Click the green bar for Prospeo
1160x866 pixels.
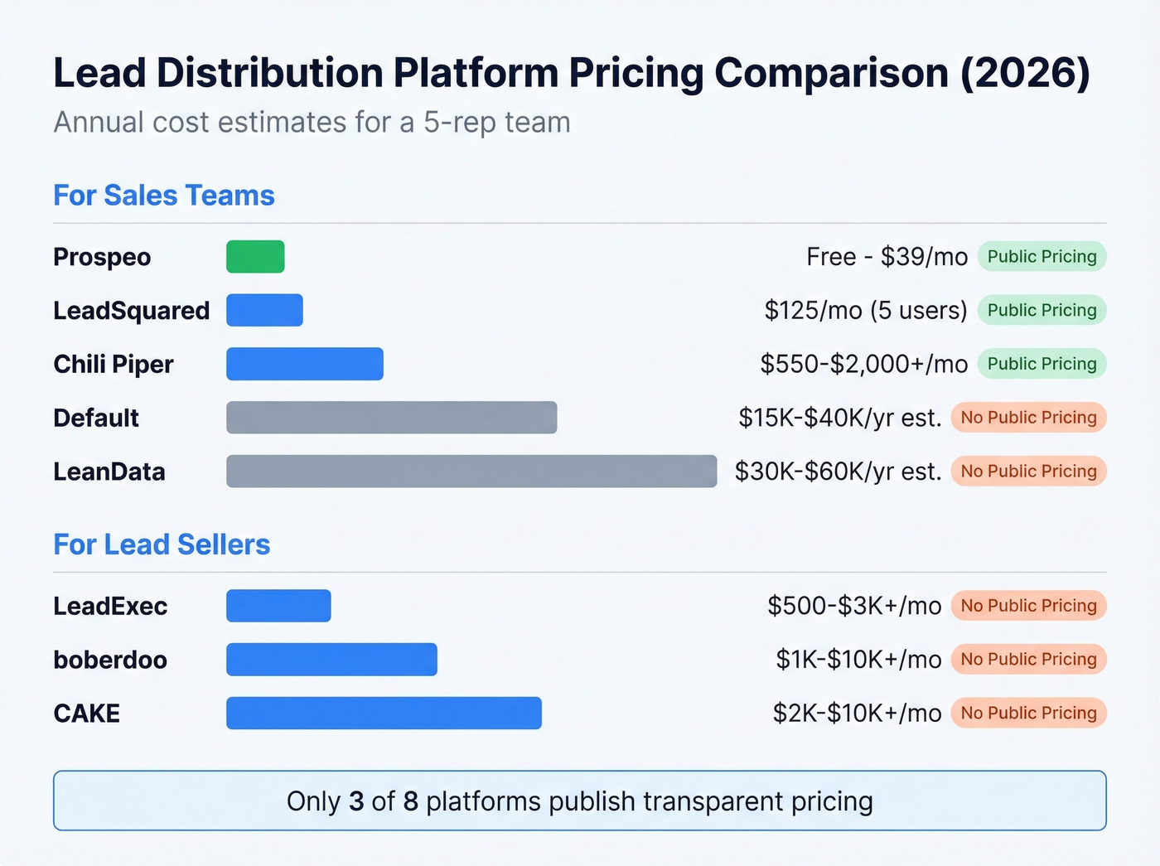tap(255, 257)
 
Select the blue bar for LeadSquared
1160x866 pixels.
tap(264, 310)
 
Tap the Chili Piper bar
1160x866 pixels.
tap(304, 364)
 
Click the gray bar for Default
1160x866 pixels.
tap(391, 418)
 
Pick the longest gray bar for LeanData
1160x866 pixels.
tap(471, 472)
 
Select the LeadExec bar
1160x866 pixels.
tap(278, 606)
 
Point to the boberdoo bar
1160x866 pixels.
tap(331, 660)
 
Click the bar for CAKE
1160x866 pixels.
tap(384, 714)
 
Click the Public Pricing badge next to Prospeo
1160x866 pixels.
tap(1042, 257)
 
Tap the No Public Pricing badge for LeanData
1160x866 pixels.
tap(1028, 472)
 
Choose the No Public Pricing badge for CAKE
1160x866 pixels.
tap(1028, 714)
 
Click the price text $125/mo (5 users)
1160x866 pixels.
tap(866, 311)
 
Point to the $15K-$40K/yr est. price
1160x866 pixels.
tap(840, 418)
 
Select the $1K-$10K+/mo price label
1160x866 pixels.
tap(858, 660)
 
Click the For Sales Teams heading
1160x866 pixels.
tap(164, 196)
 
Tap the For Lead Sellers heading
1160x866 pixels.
tap(162, 545)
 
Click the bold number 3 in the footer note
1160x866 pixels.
tap(356, 801)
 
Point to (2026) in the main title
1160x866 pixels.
tap(1025, 73)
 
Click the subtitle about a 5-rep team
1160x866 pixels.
tap(312, 123)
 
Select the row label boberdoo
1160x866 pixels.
tap(110, 660)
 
